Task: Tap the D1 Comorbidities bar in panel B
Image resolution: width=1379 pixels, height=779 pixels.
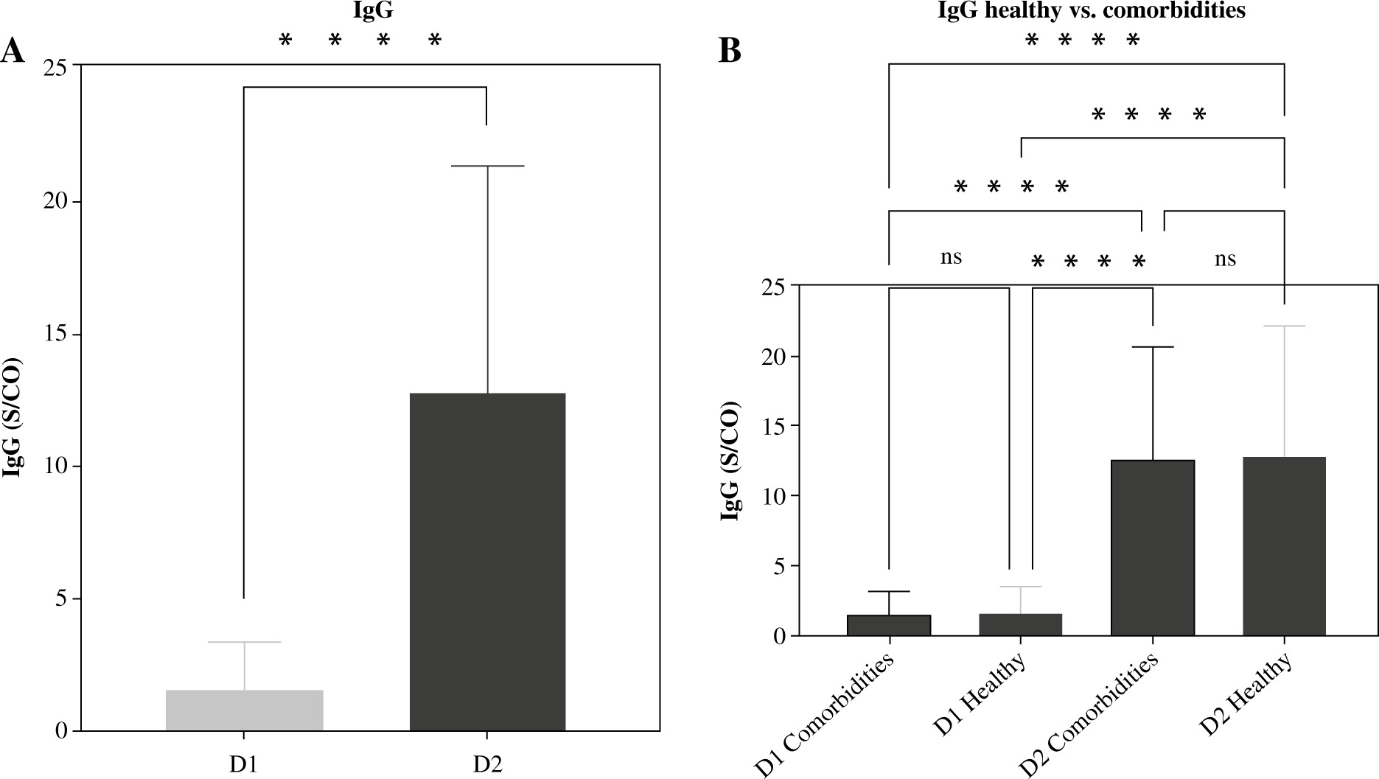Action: (889, 625)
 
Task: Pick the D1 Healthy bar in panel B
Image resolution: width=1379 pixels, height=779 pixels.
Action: (1020, 624)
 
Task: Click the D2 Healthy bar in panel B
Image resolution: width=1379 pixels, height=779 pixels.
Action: (1284, 546)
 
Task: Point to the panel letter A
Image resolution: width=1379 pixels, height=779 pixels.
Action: (13, 53)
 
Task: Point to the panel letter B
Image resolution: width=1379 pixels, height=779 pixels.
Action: (729, 52)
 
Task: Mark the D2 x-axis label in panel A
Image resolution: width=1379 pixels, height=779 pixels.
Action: (487, 764)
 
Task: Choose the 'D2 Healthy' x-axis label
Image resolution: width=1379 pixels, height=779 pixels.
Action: (1246, 694)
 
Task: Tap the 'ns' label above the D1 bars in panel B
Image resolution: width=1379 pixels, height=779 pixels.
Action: (951, 257)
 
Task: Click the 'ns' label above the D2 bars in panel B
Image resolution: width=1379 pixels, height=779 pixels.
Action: (1225, 259)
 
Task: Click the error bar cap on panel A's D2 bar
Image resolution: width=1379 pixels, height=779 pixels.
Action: (487, 167)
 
